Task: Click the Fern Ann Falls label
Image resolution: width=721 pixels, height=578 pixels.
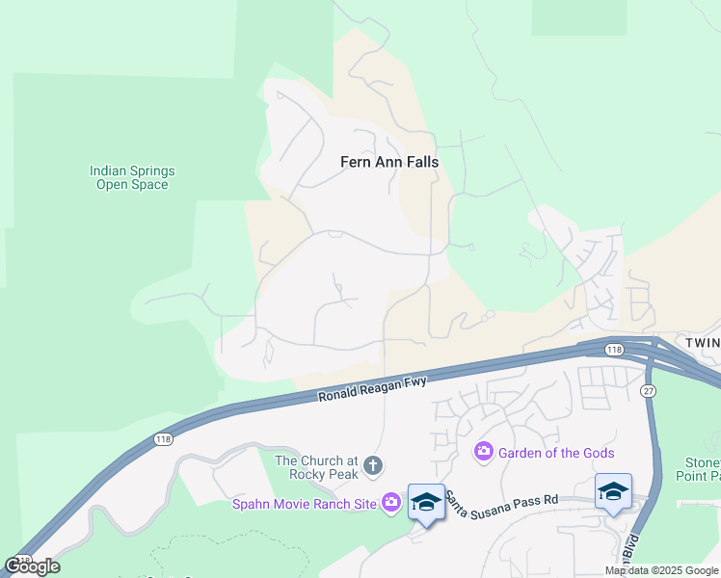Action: (389, 162)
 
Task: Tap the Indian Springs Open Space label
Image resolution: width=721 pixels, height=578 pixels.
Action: (132, 177)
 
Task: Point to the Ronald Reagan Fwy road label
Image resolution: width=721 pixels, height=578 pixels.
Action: (372, 388)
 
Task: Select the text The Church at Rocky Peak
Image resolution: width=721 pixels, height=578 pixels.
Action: (316, 467)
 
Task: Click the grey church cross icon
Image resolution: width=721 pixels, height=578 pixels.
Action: (373, 467)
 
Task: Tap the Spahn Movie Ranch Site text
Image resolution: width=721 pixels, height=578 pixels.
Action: (304, 502)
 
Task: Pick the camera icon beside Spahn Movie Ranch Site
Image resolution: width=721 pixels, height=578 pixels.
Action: (390, 502)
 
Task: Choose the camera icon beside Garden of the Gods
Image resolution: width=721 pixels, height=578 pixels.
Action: (484, 451)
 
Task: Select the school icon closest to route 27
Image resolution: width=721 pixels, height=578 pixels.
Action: (613, 491)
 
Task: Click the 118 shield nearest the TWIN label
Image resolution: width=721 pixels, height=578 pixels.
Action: (614, 349)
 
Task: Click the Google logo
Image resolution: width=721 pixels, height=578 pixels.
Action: (32, 566)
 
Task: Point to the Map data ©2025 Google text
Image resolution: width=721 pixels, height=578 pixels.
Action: (662, 570)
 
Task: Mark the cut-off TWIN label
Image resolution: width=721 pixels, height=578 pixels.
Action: (702, 343)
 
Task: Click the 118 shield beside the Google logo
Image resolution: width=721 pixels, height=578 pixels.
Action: (21, 558)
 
